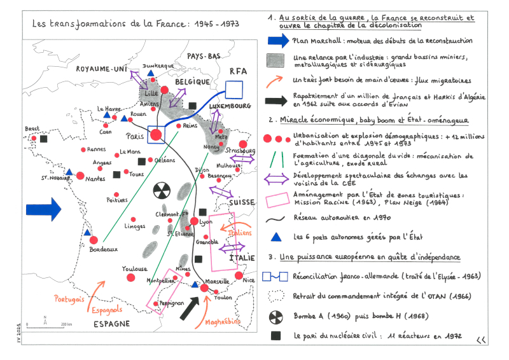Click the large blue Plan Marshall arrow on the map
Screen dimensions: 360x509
tap(43, 208)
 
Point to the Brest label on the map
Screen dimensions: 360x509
tap(32, 128)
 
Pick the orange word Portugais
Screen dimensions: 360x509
tap(70, 298)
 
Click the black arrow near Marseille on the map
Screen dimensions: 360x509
tap(191, 308)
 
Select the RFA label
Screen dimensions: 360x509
tap(238, 72)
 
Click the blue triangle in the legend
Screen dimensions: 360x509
tap(276, 237)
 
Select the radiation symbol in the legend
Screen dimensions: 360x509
tap(276, 316)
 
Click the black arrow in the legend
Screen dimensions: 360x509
tap(276, 100)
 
